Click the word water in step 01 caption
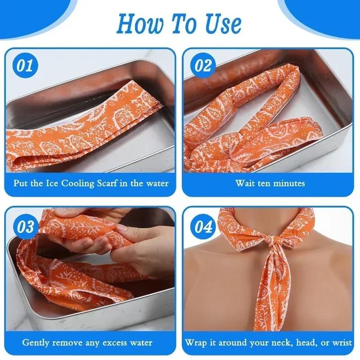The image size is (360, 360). click(157, 183)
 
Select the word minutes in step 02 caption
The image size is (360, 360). click(289, 183)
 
